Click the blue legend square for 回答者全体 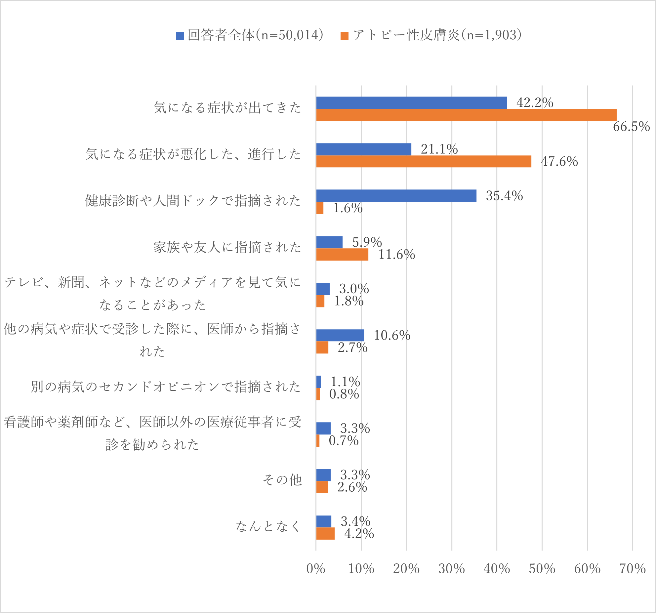180,36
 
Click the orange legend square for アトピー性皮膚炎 345,36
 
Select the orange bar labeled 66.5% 466,115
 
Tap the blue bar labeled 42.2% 411,103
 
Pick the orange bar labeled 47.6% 424,161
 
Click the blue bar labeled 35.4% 396,196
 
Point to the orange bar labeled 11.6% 342,255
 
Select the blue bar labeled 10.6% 340,335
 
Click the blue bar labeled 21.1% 364,149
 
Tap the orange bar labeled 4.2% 325,534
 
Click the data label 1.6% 348,208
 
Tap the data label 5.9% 367,242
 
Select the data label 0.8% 344,394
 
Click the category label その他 282,480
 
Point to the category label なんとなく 268,526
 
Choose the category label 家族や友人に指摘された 227,247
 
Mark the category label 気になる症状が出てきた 227,108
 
